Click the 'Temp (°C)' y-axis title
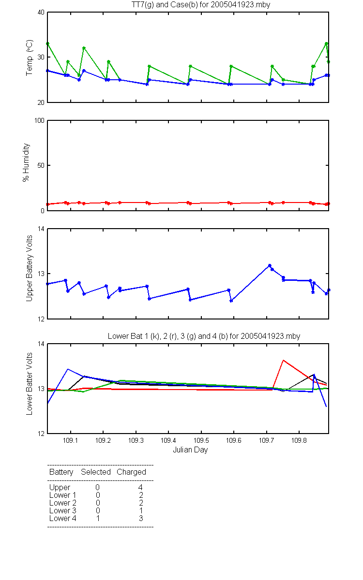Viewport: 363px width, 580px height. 30,58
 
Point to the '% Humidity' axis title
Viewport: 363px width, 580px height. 26,162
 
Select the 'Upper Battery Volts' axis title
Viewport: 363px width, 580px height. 30,268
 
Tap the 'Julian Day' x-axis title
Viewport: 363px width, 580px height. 190,450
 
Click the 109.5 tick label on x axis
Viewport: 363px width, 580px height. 201,440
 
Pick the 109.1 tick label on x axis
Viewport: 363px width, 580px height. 70,440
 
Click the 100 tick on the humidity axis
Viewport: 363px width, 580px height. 39,120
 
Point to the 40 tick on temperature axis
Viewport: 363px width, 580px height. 41,13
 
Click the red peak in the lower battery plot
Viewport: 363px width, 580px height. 284,360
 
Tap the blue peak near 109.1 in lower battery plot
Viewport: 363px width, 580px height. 68,369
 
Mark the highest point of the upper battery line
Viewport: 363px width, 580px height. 270,265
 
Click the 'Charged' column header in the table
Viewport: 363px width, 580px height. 131,472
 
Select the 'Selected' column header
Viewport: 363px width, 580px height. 96,472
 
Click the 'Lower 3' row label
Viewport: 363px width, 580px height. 63,510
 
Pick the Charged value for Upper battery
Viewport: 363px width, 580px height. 140,487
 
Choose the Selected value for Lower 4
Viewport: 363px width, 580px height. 98,518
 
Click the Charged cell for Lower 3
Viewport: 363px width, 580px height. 141,510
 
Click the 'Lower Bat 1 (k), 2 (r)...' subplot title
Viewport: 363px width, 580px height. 204,336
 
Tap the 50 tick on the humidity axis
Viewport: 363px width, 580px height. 41,165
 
